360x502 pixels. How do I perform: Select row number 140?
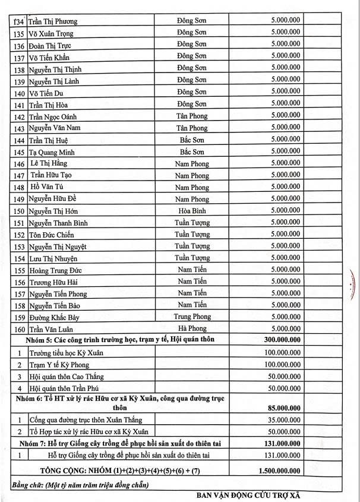click(x=20, y=93)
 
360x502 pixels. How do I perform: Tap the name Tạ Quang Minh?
click(x=53, y=152)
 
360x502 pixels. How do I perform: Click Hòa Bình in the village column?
click(x=192, y=211)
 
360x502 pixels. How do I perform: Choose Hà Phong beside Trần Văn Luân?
click(x=192, y=329)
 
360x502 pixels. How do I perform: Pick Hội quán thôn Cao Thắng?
click(x=69, y=376)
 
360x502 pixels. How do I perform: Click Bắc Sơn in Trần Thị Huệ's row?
click(x=192, y=140)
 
